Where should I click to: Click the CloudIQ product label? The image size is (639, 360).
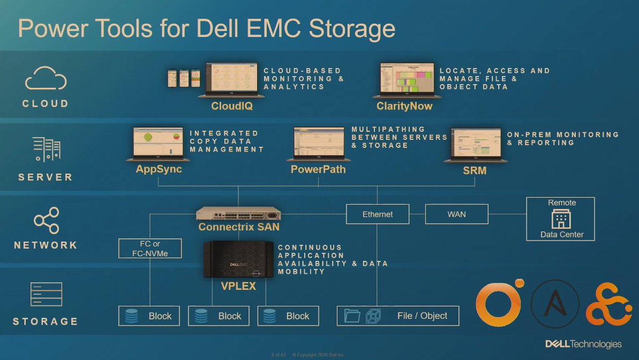click(231, 106)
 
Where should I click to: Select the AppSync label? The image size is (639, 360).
click(159, 169)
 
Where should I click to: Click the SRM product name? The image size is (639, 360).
click(475, 171)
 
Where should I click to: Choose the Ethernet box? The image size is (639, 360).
click(378, 214)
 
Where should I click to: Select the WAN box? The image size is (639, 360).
click(456, 214)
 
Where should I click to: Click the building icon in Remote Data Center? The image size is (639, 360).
click(561, 219)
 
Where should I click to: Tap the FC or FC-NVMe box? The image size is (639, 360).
click(150, 249)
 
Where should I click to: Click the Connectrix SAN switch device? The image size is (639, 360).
click(239, 214)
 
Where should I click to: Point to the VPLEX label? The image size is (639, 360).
click(238, 286)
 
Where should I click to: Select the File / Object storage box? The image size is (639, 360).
click(398, 316)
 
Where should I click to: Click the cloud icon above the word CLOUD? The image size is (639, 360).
click(46, 79)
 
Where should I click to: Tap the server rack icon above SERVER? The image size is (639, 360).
click(46, 148)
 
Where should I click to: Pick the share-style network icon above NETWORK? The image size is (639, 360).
click(46, 220)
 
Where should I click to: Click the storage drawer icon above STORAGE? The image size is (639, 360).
click(46, 294)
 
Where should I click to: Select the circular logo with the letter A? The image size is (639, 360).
click(555, 304)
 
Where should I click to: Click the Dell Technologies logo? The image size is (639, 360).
click(583, 344)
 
